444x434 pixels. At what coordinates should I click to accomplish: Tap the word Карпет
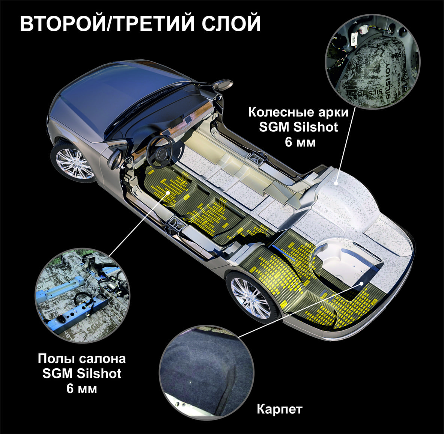280,409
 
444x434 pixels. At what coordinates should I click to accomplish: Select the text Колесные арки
298,113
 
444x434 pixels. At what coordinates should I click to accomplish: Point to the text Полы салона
82,359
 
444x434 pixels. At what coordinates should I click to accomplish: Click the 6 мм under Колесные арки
300,142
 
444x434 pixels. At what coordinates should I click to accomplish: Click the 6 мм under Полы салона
82,388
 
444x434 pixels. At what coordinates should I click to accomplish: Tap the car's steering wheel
161,152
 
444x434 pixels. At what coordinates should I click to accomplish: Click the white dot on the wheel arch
336,182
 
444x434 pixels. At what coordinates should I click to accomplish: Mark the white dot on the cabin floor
169,192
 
